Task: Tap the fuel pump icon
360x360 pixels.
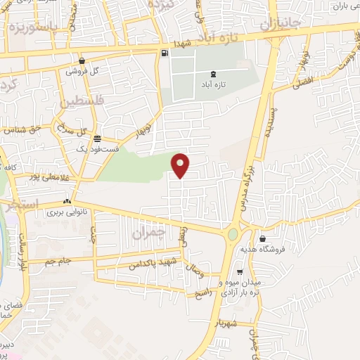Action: (x=164, y=53)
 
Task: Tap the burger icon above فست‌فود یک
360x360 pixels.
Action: (x=97, y=139)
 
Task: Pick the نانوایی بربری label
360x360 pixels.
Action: (x=65, y=211)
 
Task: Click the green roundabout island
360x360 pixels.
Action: (x=233, y=233)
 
